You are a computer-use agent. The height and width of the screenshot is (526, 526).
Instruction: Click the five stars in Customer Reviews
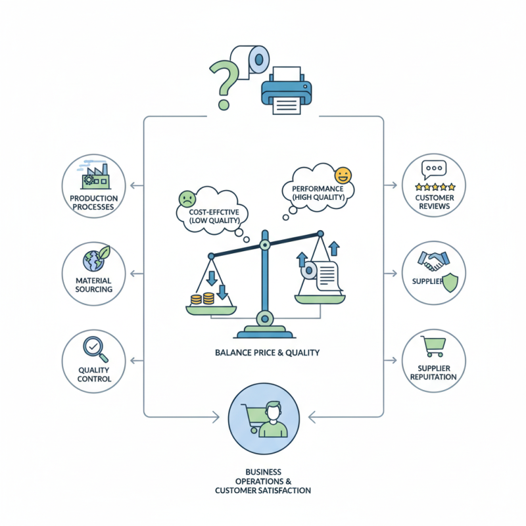pyautogui.click(x=434, y=187)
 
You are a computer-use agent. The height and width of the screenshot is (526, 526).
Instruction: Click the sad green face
pyautogui.click(x=187, y=198)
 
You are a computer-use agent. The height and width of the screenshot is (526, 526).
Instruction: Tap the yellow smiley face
pyautogui.click(x=343, y=176)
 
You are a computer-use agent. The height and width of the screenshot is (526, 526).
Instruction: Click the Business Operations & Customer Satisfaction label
pyautogui.click(x=263, y=481)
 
